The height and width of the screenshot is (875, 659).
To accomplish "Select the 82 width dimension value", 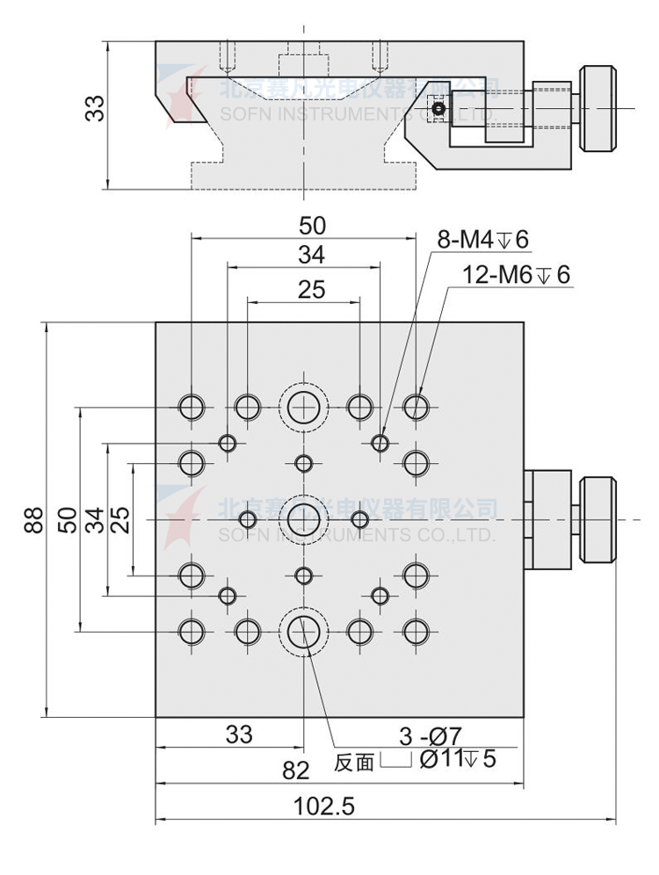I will tap(297, 770).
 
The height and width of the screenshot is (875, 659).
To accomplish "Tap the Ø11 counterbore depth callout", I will tap(458, 759).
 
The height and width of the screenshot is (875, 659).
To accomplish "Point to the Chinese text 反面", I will tap(354, 763).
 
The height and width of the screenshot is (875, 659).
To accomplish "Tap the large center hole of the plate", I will tap(304, 519).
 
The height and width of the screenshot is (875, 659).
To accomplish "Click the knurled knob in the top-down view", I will tap(598, 519).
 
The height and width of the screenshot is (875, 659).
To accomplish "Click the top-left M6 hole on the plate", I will tap(191, 407).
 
